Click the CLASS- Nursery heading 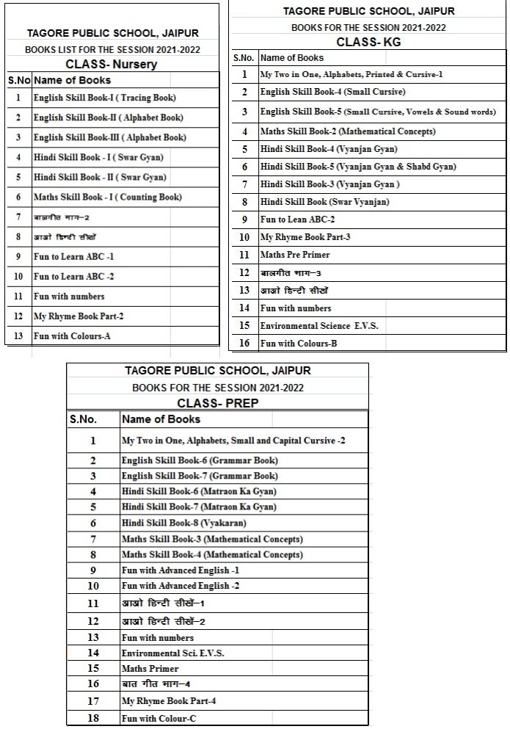click(x=112, y=64)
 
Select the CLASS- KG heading click(x=368, y=43)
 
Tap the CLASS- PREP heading click(x=218, y=403)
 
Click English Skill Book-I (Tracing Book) click(x=105, y=97)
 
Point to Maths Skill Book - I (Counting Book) click(x=107, y=197)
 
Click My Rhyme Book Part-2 click(x=79, y=316)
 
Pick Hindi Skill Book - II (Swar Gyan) click(x=100, y=177)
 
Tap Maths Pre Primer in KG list click(x=295, y=255)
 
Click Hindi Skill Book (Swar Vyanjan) click(x=325, y=202)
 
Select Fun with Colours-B click(x=299, y=343)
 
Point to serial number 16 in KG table click(x=244, y=343)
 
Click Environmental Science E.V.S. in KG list click(x=319, y=325)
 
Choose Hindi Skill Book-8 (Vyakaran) click(x=183, y=523)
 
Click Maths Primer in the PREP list click(x=150, y=669)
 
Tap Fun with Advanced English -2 click(x=181, y=586)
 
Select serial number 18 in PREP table click(x=93, y=718)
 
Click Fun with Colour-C click(x=159, y=718)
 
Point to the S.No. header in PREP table click(x=83, y=419)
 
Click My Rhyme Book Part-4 click(x=169, y=701)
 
